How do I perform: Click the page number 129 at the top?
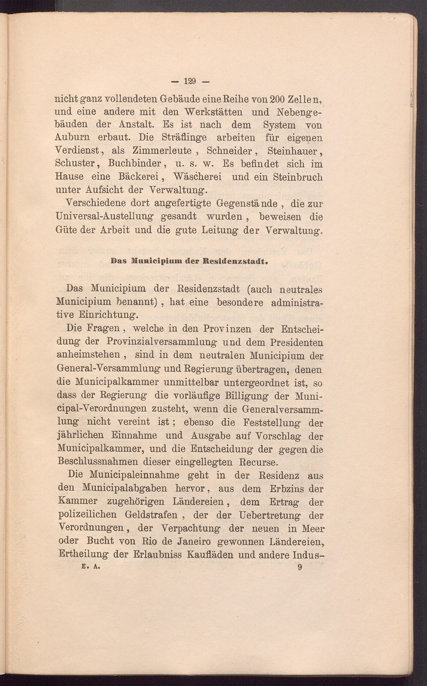click(190, 81)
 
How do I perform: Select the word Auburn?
click(73, 137)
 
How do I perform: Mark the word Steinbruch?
click(298, 177)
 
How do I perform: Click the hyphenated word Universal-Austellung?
click(104, 217)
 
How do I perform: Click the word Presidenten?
click(296, 342)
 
